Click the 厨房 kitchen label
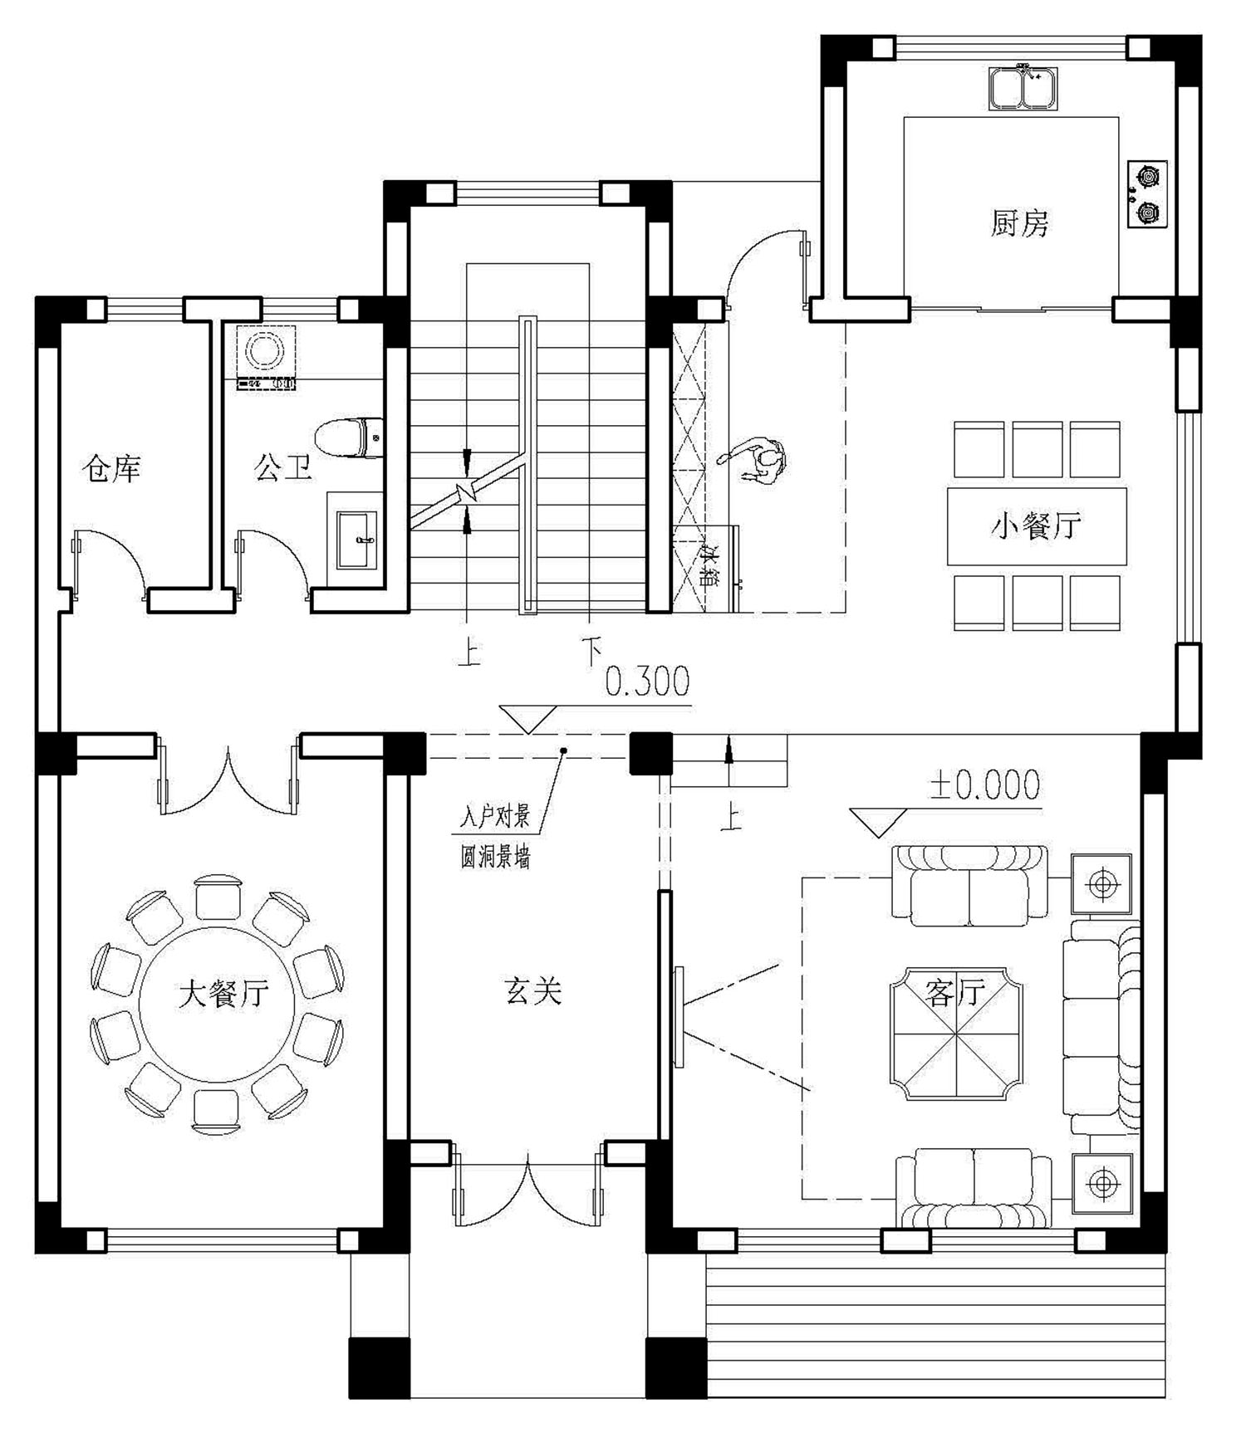pyautogui.click(x=1019, y=223)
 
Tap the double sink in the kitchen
pyautogui.click(x=1025, y=87)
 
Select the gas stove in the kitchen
pyautogui.click(x=1147, y=194)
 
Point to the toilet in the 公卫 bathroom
pyautogui.click(x=350, y=438)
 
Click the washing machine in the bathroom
pyautogui.click(x=267, y=357)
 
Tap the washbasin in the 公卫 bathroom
pyautogui.click(x=356, y=540)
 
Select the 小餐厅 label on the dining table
pyautogui.click(x=1036, y=526)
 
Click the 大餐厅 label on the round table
pyautogui.click(x=223, y=993)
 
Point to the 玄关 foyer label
pyautogui.click(x=533, y=990)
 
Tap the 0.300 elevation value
pyautogui.click(x=647, y=682)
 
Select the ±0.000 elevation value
pyautogui.click(x=985, y=785)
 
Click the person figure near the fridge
pyautogui.click(x=755, y=461)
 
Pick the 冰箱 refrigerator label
pyautogui.click(x=709, y=566)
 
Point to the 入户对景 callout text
pyautogui.click(x=495, y=818)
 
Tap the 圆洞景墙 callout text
pyautogui.click(x=495, y=856)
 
